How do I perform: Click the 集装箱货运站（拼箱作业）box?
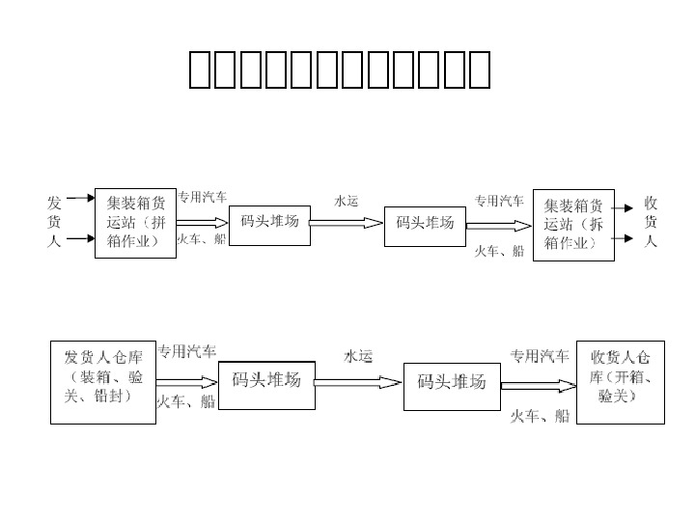point(135,222)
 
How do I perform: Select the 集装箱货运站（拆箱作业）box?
point(574,224)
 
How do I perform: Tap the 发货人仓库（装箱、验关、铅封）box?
point(103,381)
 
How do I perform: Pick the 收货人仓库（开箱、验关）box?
point(621,381)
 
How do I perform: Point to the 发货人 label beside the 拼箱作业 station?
point(55,222)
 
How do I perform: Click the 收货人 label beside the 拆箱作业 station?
point(652,222)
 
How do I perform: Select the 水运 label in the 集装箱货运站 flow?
point(346,201)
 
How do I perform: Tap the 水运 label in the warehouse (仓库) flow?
point(358,356)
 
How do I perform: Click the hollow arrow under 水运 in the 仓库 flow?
point(358,382)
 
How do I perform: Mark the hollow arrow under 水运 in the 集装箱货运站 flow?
point(346,223)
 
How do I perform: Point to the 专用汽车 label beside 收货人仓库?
point(540,354)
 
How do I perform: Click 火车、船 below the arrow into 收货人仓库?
point(540,416)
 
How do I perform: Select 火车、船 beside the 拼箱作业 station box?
point(202,239)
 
